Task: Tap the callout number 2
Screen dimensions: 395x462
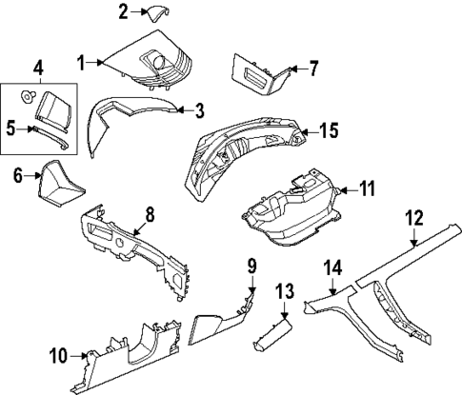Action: [x=122, y=11]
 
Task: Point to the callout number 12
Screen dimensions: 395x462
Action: [x=412, y=243]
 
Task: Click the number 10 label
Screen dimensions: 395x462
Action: [x=58, y=356]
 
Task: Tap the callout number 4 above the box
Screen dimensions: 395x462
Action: [x=37, y=68]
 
